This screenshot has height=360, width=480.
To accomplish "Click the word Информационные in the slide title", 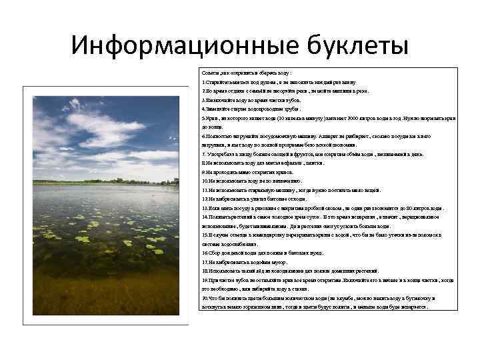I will click(x=176, y=46).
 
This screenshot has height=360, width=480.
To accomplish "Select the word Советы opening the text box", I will click(x=212, y=72).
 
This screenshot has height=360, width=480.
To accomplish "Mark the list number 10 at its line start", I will click(x=205, y=181).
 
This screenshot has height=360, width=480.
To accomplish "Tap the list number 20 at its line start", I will click(x=205, y=298).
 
